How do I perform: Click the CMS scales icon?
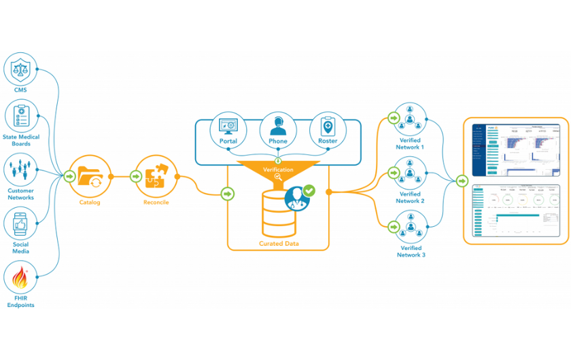click(x=20, y=69)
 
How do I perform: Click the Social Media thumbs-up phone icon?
click(x=20, y=223)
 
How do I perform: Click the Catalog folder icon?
click(x=90, y=177)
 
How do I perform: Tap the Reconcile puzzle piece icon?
click(x=156, y=177)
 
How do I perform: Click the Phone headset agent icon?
click(x=278, y=126)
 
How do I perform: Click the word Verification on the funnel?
click(x=278, y=169)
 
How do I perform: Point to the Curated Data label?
click(x=278, y=243)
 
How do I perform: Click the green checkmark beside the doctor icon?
click(x=309, y=191)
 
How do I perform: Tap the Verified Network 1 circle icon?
click(x=410, y=119)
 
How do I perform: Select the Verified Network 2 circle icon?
click(x=410, y=173)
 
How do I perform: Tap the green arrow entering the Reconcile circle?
click(x=135, y=177)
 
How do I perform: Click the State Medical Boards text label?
click(x=20, y=141)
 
